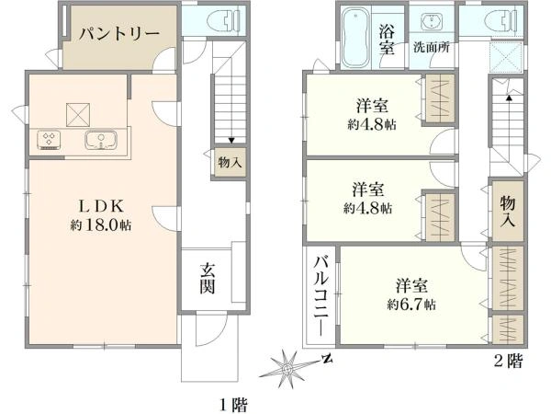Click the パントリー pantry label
[x=118, y=34]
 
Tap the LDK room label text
[x=100, y=205]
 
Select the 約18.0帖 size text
[x=100, y=224]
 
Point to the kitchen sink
[x=100, y=141]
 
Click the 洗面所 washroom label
[x=430, y=47]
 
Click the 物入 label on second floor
[x=508, y=211]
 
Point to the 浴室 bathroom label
[x=388, y=39]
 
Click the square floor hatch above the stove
[x=78, y=113]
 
